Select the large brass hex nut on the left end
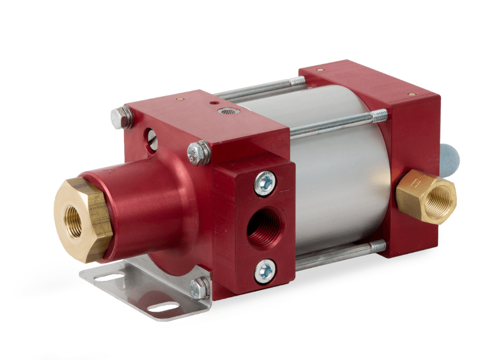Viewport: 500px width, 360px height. coord(82,219)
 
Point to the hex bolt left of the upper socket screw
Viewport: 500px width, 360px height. coord(199,153)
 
